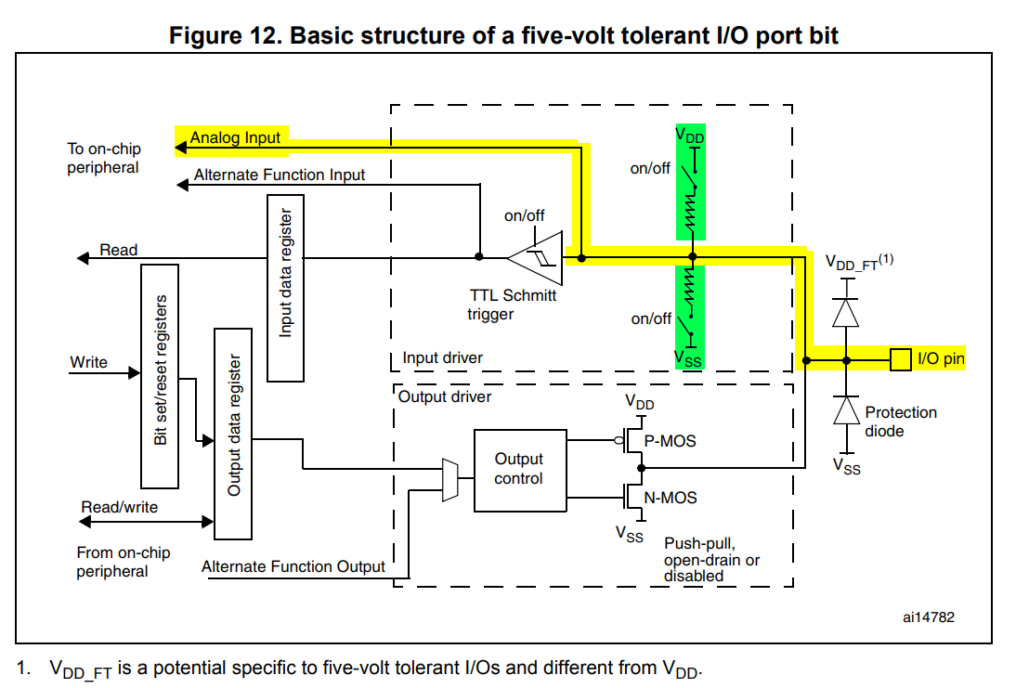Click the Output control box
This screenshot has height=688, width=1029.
tap(519, 470)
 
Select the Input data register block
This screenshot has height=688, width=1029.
tap(285, 288)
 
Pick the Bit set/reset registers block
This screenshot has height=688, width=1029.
tap(160, 375)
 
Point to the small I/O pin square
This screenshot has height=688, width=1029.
tap(900, 358)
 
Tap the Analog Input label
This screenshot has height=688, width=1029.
tap(235, 138)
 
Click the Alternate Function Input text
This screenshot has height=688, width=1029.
tap(280, 175)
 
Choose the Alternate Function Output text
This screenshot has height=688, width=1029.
tap(293, 566)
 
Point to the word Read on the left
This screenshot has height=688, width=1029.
tap(119, 250)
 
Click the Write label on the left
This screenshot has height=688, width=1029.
tap(89, 362)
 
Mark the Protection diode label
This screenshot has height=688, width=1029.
tap(901, 422)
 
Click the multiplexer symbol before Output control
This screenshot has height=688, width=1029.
tap(450, 480)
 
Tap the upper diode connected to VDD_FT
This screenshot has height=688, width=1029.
tap(845, 312)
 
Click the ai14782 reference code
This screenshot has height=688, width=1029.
tap(928, 616)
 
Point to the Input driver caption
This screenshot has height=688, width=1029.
tap(442, 357)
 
